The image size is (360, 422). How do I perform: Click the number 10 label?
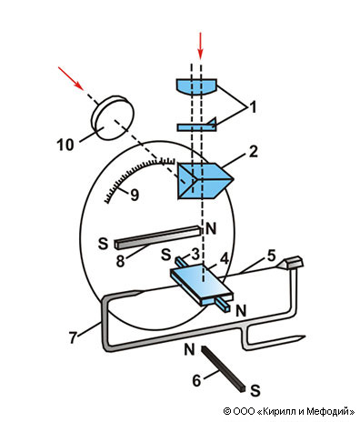65,146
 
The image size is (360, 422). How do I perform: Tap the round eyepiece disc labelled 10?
113,118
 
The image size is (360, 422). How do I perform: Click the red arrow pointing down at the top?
200,45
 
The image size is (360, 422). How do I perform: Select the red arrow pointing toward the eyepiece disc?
71,78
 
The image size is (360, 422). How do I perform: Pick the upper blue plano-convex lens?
196,86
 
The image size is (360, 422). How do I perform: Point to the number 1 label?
253,107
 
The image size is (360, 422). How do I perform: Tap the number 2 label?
253,152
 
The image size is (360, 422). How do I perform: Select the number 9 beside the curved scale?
135,195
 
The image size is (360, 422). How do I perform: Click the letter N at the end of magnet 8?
211,228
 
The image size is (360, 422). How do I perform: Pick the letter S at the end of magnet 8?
104,244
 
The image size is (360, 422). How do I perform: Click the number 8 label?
120,261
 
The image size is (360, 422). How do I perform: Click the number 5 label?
272,256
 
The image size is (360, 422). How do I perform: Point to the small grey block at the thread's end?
294,262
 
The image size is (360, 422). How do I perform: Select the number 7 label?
73,338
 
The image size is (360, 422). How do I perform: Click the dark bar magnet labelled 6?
223,369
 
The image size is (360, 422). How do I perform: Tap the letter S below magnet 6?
255,391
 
